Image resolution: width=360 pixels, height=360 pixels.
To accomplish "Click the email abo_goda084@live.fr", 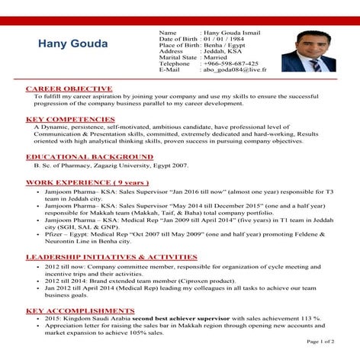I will tap(234, 69).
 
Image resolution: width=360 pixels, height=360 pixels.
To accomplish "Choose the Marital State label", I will tap(178, 57).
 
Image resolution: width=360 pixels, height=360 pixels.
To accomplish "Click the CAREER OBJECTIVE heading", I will tap(69, 89).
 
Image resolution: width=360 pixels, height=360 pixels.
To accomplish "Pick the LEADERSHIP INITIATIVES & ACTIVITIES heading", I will tap(111, 258).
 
